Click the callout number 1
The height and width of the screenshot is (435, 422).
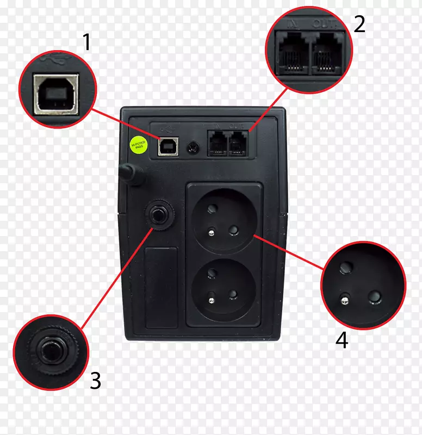pos(86,42)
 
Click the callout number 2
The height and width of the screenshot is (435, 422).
pos(359,23)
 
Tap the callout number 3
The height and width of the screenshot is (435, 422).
pos(95,381)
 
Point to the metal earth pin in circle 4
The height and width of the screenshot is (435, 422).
pos(344,297)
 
